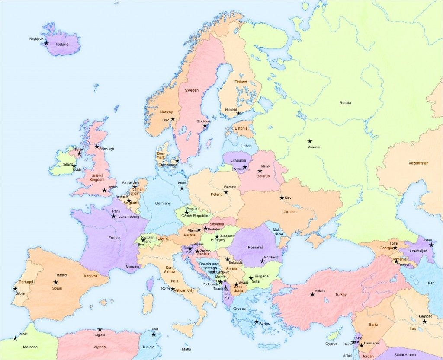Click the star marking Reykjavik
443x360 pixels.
[x=46, y=43]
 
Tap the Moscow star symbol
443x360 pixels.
[x=310, y=141]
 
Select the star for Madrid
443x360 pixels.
[x=55, y=282]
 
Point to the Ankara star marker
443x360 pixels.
[x=312, y=295]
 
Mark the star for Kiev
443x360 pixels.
[x=282, y=198]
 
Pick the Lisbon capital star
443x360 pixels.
[x=15, y=289]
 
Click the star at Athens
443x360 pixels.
[x=257, y=322]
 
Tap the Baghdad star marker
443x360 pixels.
[x=424, y=321]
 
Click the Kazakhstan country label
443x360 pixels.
[x=418, y=163]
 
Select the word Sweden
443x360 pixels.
[x=192, y=90]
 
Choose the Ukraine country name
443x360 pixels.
[x=289, y=212]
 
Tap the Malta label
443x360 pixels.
[x=186, y=349]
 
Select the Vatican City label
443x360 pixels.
[x=185, y=290]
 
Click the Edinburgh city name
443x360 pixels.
[x=106, y=149]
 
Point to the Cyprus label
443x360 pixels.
[x=331, y=344]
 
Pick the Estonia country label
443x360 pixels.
[x=241, y=128]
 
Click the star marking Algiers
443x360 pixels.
[x=100, y=329]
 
